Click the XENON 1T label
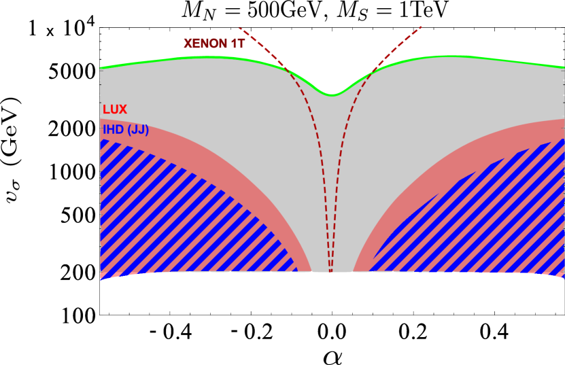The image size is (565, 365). pyautogui.click(x=214, y=44)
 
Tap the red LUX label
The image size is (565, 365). pyautogui.click(x=115, y=109)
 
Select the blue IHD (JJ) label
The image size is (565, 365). pyautogui.click(x=126, y=130)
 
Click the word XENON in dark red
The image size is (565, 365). pyautogui.click(x=205, y=44)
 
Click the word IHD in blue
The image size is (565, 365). pyautogui.click(x=113, y=130)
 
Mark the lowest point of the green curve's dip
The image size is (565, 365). pyautogui.click(x=332, y=95)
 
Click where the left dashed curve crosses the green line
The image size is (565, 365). pyautogui.click(x=288, y=70)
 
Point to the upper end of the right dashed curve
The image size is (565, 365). pyautogui.click(x=422, y=27)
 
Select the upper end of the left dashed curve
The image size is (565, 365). pyautogui.click(x=240, y=28)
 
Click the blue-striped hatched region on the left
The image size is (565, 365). pyautogui.click(x=170, y=218)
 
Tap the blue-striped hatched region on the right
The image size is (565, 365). pyautogui.click(x=490, y=218)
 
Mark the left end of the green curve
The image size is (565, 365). pyautogui.click(x=101, y=68)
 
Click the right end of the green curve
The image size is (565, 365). pyautogui.click(x=563, y=67)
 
